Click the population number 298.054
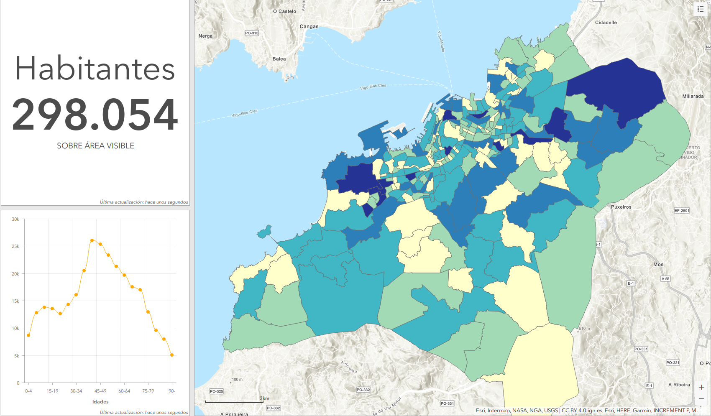pos(95,115)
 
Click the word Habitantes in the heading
pos(95,69)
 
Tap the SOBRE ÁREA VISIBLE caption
pos(95,146)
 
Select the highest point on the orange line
pos(92,240)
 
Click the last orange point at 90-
pos(172,355)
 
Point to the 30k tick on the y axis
pos(15,219)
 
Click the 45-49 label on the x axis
pos(100,391)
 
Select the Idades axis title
pos(100,402)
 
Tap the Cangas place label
pos(309,26)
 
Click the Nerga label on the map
pos(205,36)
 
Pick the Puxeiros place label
pos(621,207)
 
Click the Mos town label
pos(658,264)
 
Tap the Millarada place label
pos(693,96)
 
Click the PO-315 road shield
pos(252,33)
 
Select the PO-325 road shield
pos(216,391)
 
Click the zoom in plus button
pos(701,387)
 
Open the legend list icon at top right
pos(701,9)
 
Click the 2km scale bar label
pos(264,398)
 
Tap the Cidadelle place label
pos(606,23)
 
